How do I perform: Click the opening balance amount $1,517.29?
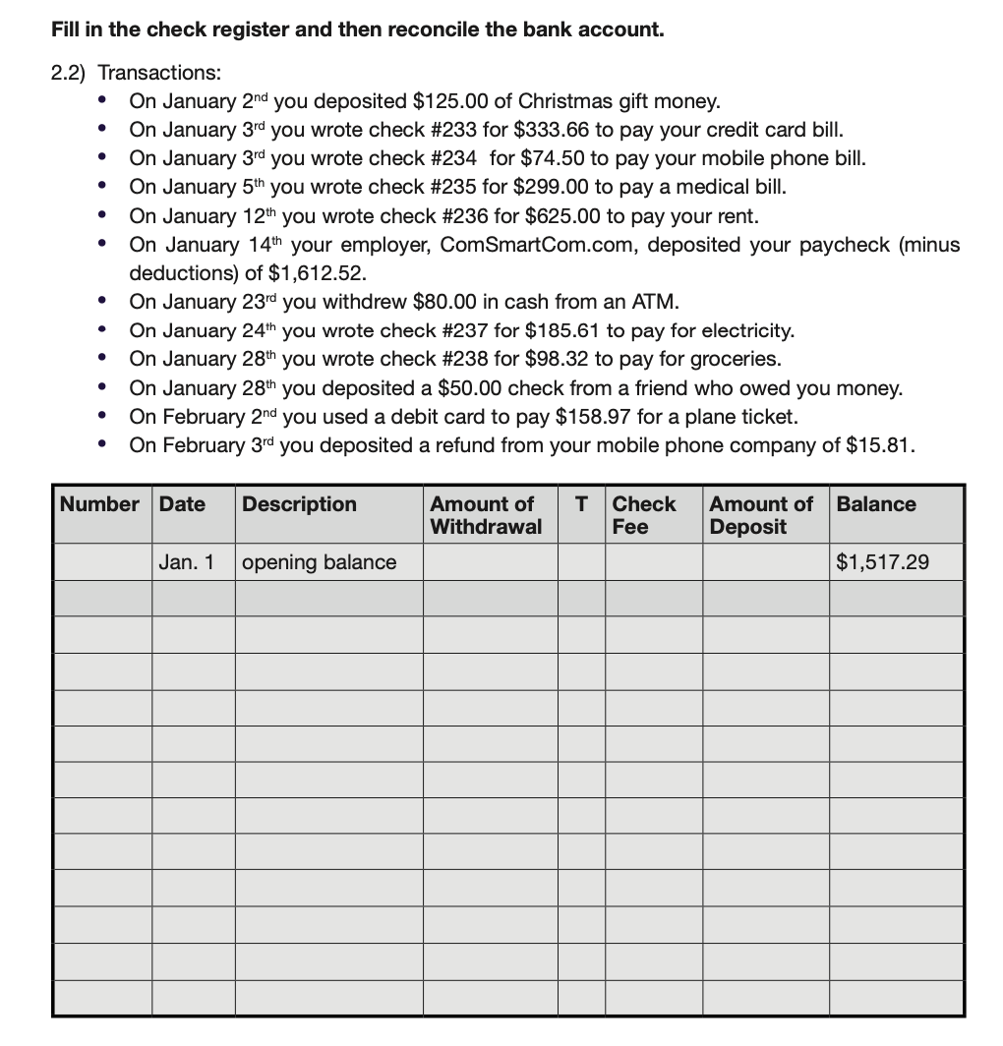coord(882,562)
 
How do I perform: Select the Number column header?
coord(99,504)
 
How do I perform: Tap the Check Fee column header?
coord(644,515)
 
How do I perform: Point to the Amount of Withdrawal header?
coord(486,515)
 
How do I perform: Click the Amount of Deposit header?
coord(761,515)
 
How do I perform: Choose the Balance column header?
coord(876,504)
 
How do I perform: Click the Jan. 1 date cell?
coord(186,562)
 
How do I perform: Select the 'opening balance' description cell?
coord(320,562)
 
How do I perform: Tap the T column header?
coord(581,504)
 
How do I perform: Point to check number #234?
coord(454,158)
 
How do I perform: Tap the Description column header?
coord(300,504)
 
